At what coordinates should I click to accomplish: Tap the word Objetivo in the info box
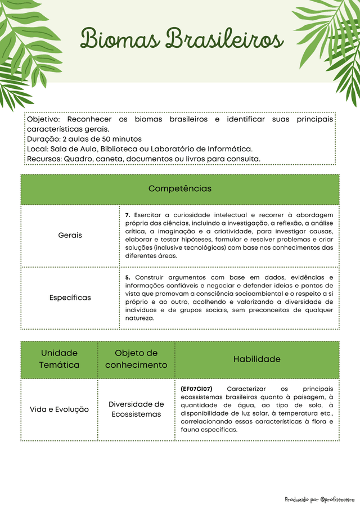point(44,119)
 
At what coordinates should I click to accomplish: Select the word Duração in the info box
point(43,139)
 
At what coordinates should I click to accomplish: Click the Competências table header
point(180,188)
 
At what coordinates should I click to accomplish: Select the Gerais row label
point(70,235)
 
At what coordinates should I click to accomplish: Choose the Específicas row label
point(70,298)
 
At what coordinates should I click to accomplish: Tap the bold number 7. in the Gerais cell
point(128,215)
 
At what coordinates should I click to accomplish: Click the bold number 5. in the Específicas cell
point(128,277)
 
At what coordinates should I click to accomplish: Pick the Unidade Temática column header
point(59,359)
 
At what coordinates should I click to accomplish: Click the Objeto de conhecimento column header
point(136,359)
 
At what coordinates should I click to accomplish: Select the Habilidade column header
point(256,359)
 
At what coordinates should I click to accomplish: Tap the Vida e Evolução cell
point(59,409)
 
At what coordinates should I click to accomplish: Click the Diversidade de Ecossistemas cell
point(136,409)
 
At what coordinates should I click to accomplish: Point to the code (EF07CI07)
point(196,389)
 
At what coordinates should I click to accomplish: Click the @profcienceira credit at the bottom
point(337,499)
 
